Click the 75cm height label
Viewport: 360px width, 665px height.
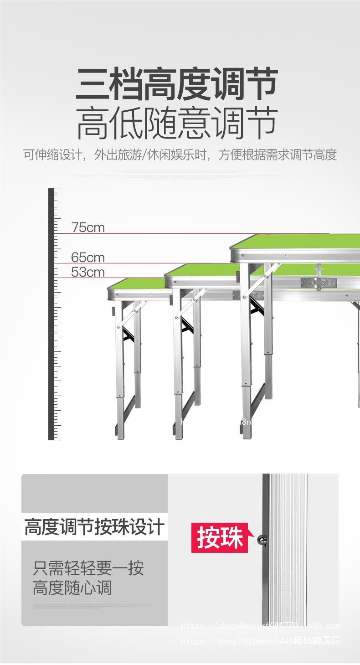pos(88,227)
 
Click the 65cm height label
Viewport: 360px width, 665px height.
pos(88,258)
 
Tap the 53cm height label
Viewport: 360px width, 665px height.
pos(88,272)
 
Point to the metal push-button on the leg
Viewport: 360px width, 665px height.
pos(263,540)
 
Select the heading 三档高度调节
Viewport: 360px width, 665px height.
pos(177,84)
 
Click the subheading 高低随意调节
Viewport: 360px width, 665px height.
pos(177,123)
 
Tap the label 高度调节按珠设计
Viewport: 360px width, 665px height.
pos(94,527)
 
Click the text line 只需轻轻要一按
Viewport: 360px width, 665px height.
pos(88,568)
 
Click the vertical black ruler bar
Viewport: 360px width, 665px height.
pos(51,314)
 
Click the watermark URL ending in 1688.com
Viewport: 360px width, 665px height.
pos(260,625)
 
